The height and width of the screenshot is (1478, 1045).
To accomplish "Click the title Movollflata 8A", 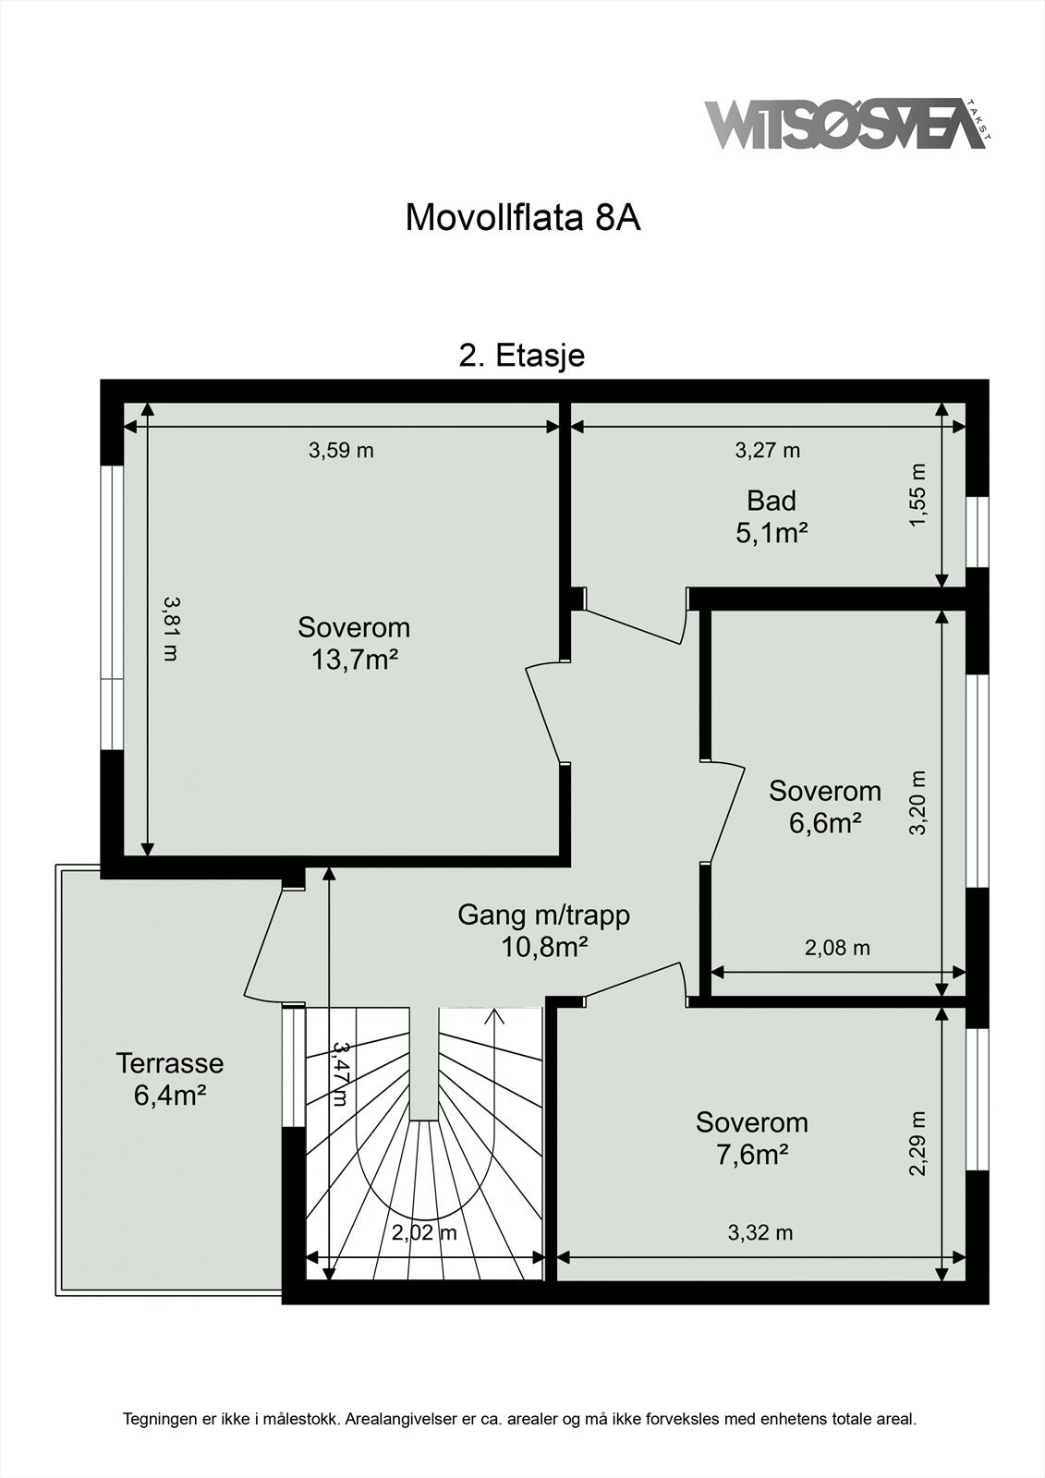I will click(x=523, y=219).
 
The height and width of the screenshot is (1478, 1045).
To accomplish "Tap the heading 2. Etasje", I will click(x=522, y=356).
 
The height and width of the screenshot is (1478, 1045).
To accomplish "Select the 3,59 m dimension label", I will click(x=341, y=451).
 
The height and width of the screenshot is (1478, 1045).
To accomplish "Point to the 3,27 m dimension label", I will click(x=767, y=451).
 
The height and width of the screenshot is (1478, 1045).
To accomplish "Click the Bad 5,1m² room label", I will click(x=772, y=517).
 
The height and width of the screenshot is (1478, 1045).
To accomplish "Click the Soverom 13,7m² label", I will click(x=354, y=644).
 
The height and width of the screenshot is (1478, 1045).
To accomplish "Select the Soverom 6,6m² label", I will click(x=825, y=806).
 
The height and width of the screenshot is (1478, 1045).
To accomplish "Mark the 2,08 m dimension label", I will click(x=837, y=948).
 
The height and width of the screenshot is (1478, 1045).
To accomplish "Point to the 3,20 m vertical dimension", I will click(x=917, y=802).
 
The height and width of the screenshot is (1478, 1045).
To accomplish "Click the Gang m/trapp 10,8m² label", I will click(x=544, y=931).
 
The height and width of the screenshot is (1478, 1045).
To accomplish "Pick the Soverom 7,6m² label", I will click(x=752, y=1138).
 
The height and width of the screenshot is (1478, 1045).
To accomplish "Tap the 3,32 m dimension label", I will click(x=760, y=1232).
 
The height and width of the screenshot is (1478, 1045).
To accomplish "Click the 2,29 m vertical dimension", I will click(x=917, y=1144).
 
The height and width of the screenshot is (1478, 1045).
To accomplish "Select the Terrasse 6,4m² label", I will click(x=170, y=1079).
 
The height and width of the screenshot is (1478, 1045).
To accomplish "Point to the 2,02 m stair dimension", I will click(x=424, y=1233).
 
